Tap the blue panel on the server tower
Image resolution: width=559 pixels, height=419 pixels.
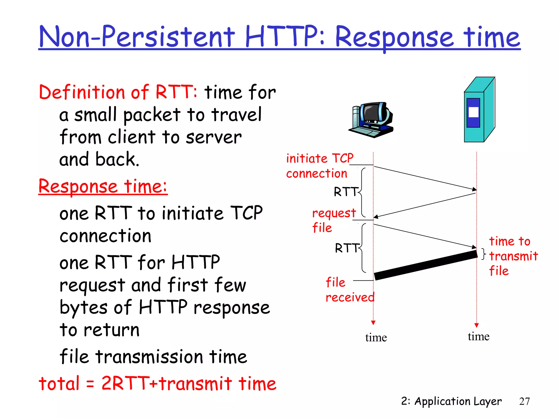tap(473, 112)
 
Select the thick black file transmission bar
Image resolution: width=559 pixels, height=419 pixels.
tap(426, 265)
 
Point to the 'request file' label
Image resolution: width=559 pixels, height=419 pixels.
tap(334, 220)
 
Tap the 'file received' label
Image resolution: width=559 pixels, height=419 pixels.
tap(349, 290)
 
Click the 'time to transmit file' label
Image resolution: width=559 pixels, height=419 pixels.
tap(513, 256)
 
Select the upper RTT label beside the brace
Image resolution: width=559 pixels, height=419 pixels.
tap(346, 192)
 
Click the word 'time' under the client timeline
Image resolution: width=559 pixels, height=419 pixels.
tap(376, 338)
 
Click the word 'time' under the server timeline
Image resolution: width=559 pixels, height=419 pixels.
tap(478, 336)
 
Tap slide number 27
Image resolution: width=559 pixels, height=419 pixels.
tap(524, 401)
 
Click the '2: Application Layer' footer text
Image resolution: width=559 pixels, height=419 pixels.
tap(451, 401)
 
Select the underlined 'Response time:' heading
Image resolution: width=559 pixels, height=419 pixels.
tap(103, 187)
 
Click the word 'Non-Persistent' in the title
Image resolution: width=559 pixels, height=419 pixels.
tap(136, 37)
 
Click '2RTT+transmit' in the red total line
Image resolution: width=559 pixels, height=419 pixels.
tap(166, 384)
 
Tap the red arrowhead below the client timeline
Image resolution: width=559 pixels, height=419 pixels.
tap(373, 323)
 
